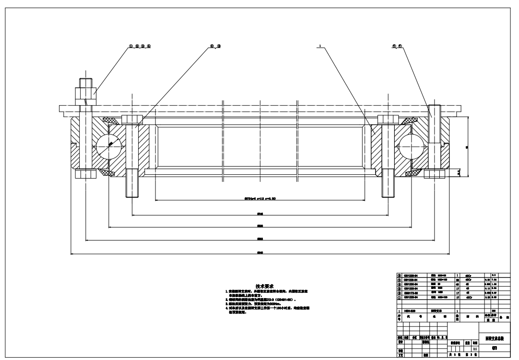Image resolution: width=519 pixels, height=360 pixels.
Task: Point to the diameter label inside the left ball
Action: pyautogui.click(x=110, y=144)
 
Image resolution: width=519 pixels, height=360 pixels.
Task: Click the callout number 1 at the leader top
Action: pyautogui.click(x=318, y=47)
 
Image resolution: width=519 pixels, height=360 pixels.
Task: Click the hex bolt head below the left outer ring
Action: pyautogui.click(x=85, y=174)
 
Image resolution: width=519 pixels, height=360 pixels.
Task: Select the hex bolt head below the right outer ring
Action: pyautogui.click(x=435, y=173)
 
